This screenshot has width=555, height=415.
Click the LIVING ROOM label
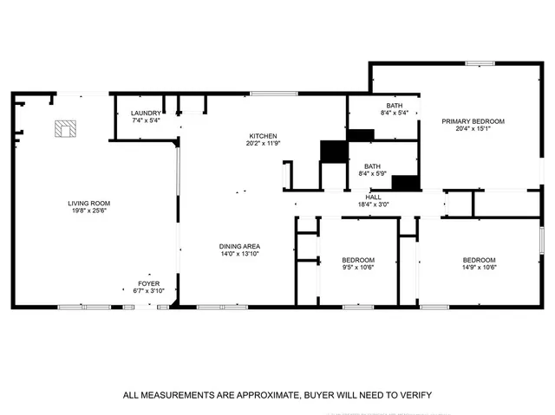[89, 204]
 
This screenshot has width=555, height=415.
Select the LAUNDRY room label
[146, 113]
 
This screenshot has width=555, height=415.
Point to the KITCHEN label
[263, 137]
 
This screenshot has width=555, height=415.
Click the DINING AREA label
[239, 246]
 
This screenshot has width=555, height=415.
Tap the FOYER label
[149, 283]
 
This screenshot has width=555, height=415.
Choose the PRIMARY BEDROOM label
[473, 121]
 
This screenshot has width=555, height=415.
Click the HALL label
[373, 198]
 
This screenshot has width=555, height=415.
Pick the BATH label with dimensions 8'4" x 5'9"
[372, 166]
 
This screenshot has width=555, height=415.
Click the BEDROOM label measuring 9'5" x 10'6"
[357, 261]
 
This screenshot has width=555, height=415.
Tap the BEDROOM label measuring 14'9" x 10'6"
[478, 261]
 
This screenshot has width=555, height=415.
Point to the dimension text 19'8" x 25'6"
[89, 211]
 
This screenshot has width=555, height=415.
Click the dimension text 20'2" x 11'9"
[263, 144]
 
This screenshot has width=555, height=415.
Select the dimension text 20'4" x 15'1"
[473, 129]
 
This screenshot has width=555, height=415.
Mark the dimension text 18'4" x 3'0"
[373, 204]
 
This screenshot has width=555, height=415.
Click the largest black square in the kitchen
[333, 151]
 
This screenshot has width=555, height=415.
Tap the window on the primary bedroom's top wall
[476, 62]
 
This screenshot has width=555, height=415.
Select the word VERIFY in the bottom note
[415, 395]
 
